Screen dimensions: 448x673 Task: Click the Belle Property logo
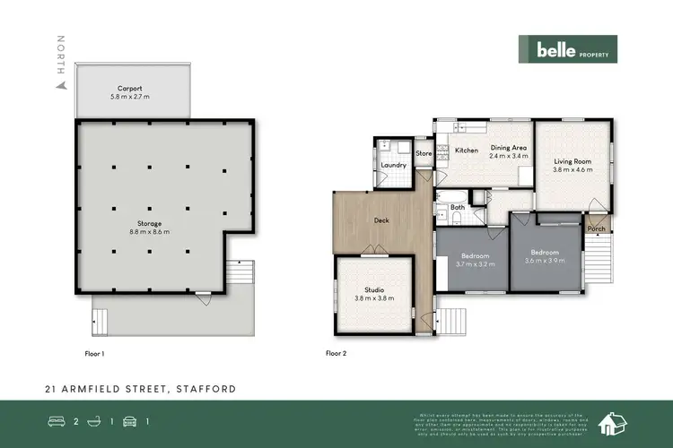566,51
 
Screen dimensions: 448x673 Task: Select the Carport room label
131,92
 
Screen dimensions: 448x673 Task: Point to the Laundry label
394,165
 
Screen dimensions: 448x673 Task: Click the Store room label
424,153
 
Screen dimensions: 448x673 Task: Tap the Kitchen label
467,150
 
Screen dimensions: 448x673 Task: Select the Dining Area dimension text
507,156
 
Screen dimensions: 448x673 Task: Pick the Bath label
458,207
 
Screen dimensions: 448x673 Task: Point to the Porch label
596,228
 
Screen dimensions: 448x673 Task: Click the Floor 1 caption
94,354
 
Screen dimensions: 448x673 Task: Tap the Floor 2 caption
335,354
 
